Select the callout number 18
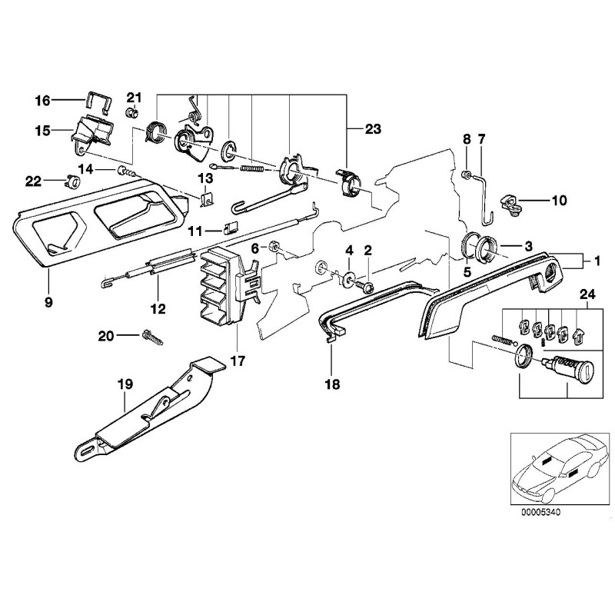tap(333, 381)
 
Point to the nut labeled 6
tap(274, 248)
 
